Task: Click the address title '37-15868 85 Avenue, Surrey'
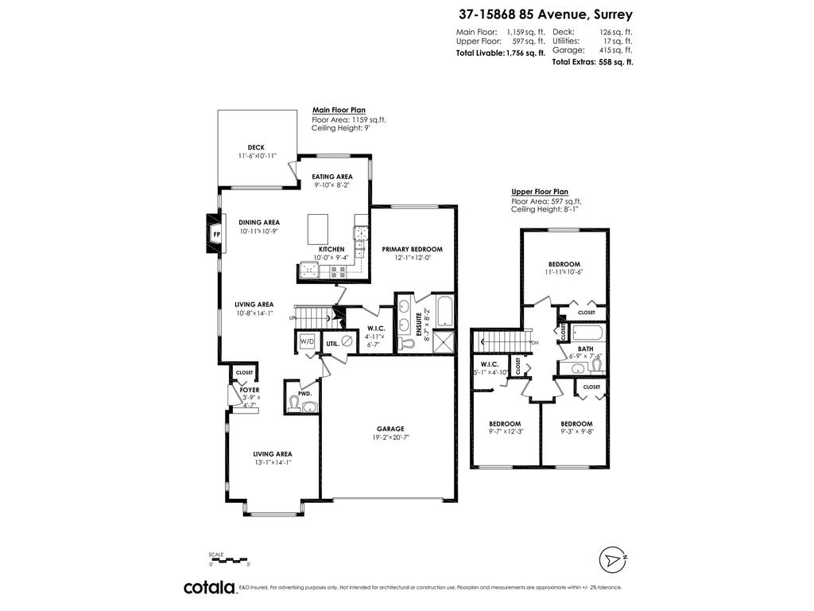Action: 545,14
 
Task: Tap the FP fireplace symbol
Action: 215,235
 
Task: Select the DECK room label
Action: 256,147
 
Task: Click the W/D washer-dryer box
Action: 306,341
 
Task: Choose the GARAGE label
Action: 390,427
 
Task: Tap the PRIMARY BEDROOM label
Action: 412,249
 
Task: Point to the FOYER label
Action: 249,391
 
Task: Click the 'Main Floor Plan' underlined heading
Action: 339,110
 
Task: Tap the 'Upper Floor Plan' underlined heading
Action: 540,192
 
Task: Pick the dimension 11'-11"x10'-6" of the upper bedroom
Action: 564,273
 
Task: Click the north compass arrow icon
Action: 610,560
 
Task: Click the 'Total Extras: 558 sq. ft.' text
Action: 592,62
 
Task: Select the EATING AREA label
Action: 332,177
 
